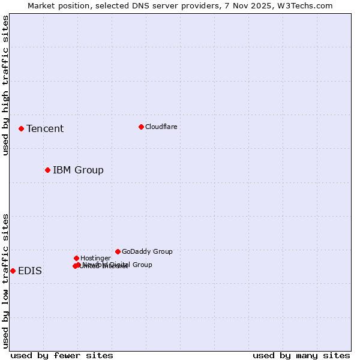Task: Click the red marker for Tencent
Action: point(21,128)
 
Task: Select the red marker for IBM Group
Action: point(47,170)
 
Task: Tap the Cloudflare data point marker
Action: point(141,127)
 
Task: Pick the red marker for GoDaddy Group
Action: point(118,251)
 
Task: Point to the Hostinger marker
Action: point(76,258)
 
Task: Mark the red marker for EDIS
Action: point(13,271)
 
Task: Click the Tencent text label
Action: point(45,128)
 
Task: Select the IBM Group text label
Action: point(78,170)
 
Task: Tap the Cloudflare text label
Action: point(161,127)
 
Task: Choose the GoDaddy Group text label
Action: point(147,251)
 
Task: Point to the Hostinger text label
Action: point(95,258)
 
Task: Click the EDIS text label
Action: point(30,271)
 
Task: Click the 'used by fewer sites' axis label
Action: point(62,355)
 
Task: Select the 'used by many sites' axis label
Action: point(301,355)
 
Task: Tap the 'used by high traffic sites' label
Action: point(5,85)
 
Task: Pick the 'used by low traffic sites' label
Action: point(5,280)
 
